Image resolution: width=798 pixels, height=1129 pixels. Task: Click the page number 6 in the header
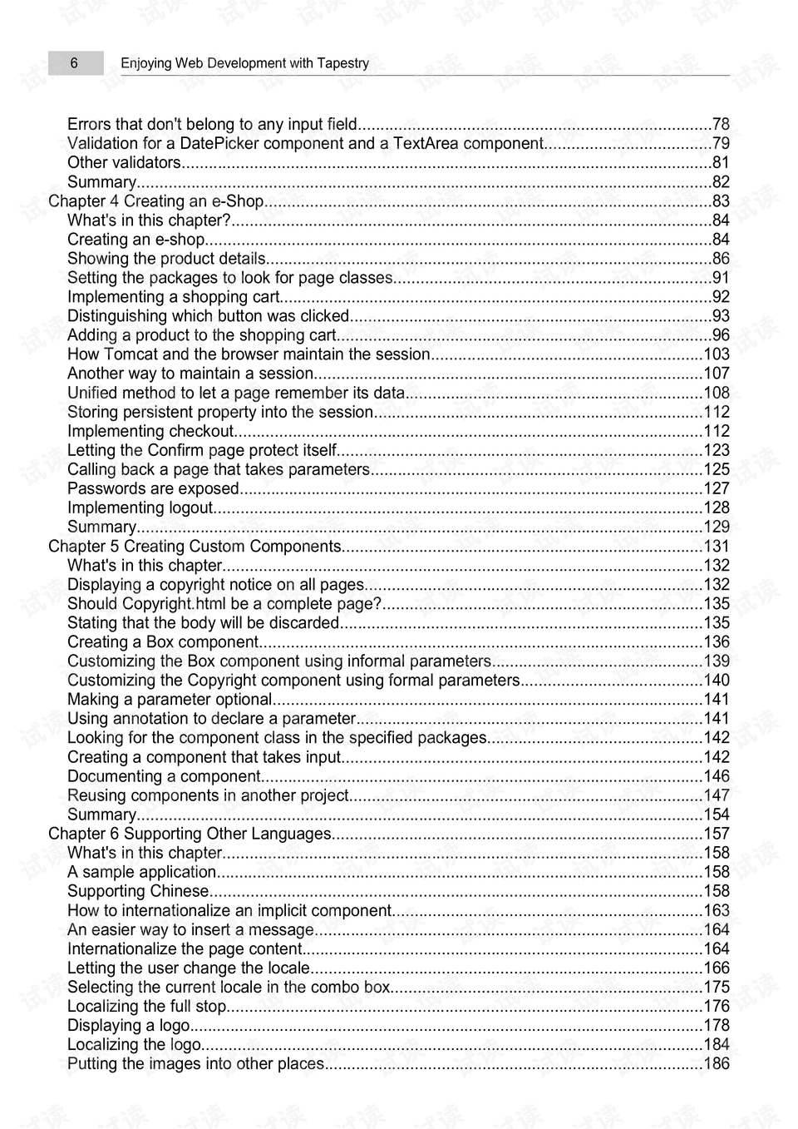[74, 63]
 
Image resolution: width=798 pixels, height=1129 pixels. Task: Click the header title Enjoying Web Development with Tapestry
[244, 63]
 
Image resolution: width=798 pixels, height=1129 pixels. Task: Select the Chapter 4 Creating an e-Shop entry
[156, 201]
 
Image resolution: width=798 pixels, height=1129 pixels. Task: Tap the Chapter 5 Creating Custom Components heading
[195, 547]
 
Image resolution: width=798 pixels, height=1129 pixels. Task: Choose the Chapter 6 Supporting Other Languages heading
[190, 834]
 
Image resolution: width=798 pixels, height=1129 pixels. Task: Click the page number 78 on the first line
[720, 125]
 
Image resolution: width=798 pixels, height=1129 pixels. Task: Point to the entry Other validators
[124, 163]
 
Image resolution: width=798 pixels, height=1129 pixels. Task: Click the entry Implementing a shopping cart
[173, 297]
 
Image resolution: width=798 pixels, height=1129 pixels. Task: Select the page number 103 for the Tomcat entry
[716, 354]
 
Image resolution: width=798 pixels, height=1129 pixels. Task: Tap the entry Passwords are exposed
[153, 489]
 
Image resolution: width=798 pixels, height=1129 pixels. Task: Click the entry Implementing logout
[140, 508]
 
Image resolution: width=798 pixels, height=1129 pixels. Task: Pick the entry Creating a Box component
[163, 642]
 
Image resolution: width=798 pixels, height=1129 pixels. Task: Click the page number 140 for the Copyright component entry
[716, 681]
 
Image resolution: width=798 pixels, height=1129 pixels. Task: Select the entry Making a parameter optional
[170, 700]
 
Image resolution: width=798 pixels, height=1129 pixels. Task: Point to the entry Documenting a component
[164, 776]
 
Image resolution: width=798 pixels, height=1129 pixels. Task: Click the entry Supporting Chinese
[138, 891]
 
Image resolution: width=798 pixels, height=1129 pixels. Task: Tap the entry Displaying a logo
[128, 1026]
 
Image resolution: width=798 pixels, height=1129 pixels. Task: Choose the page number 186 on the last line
[716, 1064]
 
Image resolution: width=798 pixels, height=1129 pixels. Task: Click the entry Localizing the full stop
[146, 1007]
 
